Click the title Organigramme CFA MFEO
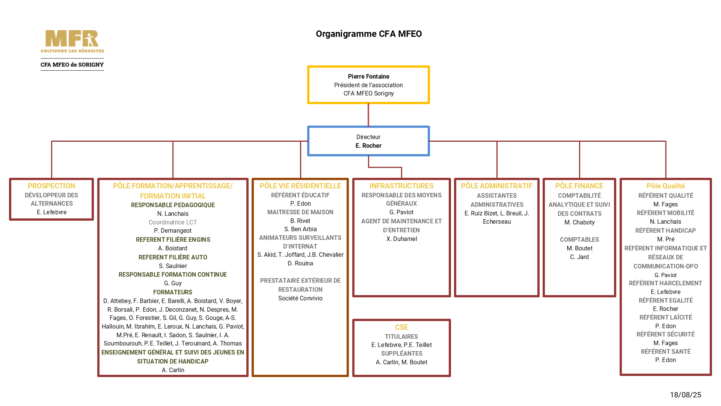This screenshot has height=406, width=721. point(368,34)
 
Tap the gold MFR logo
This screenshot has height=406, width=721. point(72,41)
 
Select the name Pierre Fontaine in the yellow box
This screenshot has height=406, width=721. point(368,76)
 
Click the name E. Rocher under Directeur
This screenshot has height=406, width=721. point(368,145)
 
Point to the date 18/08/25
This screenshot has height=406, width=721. point(685,395)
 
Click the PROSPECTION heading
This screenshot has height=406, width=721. point(51,186)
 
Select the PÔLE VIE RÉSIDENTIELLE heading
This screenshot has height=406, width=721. point(300,186)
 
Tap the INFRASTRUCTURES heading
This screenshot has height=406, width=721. point(401,186)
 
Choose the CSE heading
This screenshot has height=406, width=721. point(401,327)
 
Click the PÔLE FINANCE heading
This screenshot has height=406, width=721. point(579,186)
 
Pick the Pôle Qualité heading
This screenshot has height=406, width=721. point(665,186)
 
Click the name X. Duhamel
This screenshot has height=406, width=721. point(401,239)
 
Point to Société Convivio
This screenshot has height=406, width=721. point(300,298)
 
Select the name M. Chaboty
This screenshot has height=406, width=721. point(579,222)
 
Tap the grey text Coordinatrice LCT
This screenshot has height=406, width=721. point(173,222)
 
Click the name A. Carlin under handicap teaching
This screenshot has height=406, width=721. point(173,370)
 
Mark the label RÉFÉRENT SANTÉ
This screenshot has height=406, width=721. point(665,351)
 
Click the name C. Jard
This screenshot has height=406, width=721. point(579,257)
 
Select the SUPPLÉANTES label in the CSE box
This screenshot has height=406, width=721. point(401,353)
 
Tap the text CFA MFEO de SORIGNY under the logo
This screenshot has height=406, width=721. point(72,65)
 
